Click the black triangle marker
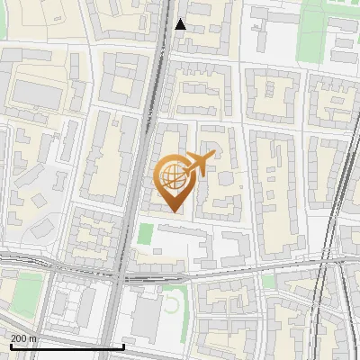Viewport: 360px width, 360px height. pyautogui.click(x=181, y=24)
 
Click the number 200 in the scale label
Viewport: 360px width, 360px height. pyautogui.click(x=19, y=338)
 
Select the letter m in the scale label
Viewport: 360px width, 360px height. pyautogui.click(x=34, y=338)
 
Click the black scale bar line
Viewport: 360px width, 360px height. pyautogui.click(x=63, y=346)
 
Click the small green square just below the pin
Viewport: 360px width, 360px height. pyautogui.click(x=145, y=234)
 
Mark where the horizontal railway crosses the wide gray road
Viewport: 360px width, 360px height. pyautogui.click(x=121, y=269)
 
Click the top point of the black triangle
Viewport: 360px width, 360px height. pyautogui.click(x=181, y=19)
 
